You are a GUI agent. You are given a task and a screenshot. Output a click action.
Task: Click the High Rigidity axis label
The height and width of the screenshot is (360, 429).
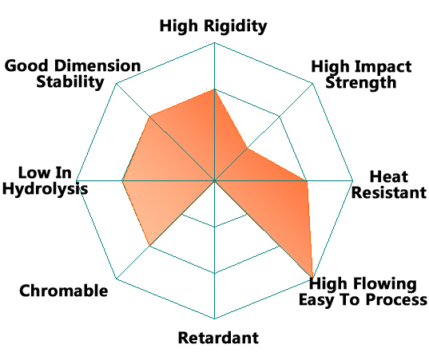(213, 26)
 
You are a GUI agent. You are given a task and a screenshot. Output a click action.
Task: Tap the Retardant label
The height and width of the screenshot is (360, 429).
(218, 338)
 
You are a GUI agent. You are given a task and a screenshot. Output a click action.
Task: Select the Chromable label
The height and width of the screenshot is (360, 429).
(63, 291)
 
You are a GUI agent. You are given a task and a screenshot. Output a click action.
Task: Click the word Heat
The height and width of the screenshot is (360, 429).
(389, 176)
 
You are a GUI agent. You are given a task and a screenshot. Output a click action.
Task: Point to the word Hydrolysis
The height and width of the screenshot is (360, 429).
(46, 189)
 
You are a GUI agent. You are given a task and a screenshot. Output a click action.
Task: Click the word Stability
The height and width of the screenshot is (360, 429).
(70, 82)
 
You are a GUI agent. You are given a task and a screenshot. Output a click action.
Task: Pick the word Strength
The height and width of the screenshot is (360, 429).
(361, 83)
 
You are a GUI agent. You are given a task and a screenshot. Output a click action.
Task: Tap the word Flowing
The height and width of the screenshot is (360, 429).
(386, 284)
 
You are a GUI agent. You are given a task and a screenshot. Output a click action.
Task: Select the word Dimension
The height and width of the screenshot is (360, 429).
(97, 66)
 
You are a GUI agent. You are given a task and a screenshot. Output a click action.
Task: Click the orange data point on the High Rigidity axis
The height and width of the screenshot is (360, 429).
(214, 89)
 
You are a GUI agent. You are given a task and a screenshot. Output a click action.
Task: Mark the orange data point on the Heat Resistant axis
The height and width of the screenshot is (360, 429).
(307, 180)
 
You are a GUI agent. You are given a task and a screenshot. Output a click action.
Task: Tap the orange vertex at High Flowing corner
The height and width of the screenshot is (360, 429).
(312, 278)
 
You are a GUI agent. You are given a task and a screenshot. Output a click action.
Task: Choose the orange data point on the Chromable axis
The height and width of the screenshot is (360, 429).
(149, 246)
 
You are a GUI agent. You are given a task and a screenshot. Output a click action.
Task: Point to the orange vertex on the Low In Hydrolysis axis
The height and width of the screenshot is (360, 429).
(122, 180)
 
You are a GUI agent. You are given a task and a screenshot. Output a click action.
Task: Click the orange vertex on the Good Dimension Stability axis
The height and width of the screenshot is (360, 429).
(149, 117)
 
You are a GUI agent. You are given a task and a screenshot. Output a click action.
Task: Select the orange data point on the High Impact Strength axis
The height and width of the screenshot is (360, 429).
(247, 148)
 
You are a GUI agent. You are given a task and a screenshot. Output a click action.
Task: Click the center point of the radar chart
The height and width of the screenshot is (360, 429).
(214, 180)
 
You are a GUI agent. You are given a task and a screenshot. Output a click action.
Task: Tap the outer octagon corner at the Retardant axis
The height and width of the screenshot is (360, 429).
(214, 318)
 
